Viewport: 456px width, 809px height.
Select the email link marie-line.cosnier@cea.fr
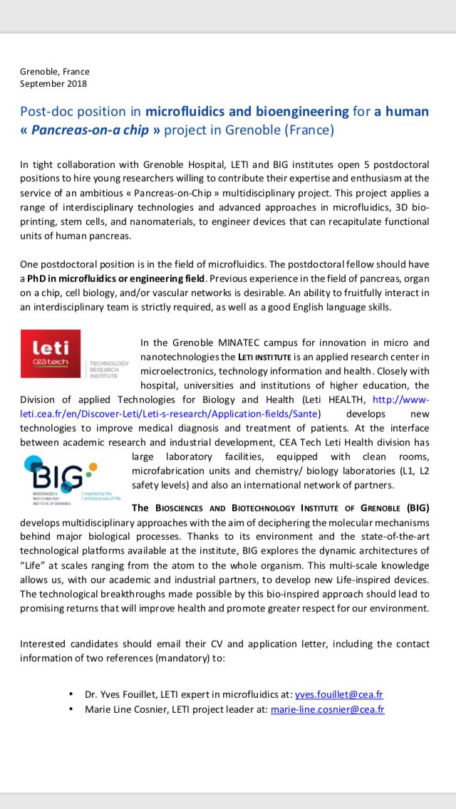(x=328, y=710)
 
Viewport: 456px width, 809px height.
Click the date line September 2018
(x=53, y=83)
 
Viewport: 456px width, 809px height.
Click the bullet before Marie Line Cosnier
(x=71, y=710)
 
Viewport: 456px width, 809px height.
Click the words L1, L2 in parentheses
(x=413, y=471)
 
